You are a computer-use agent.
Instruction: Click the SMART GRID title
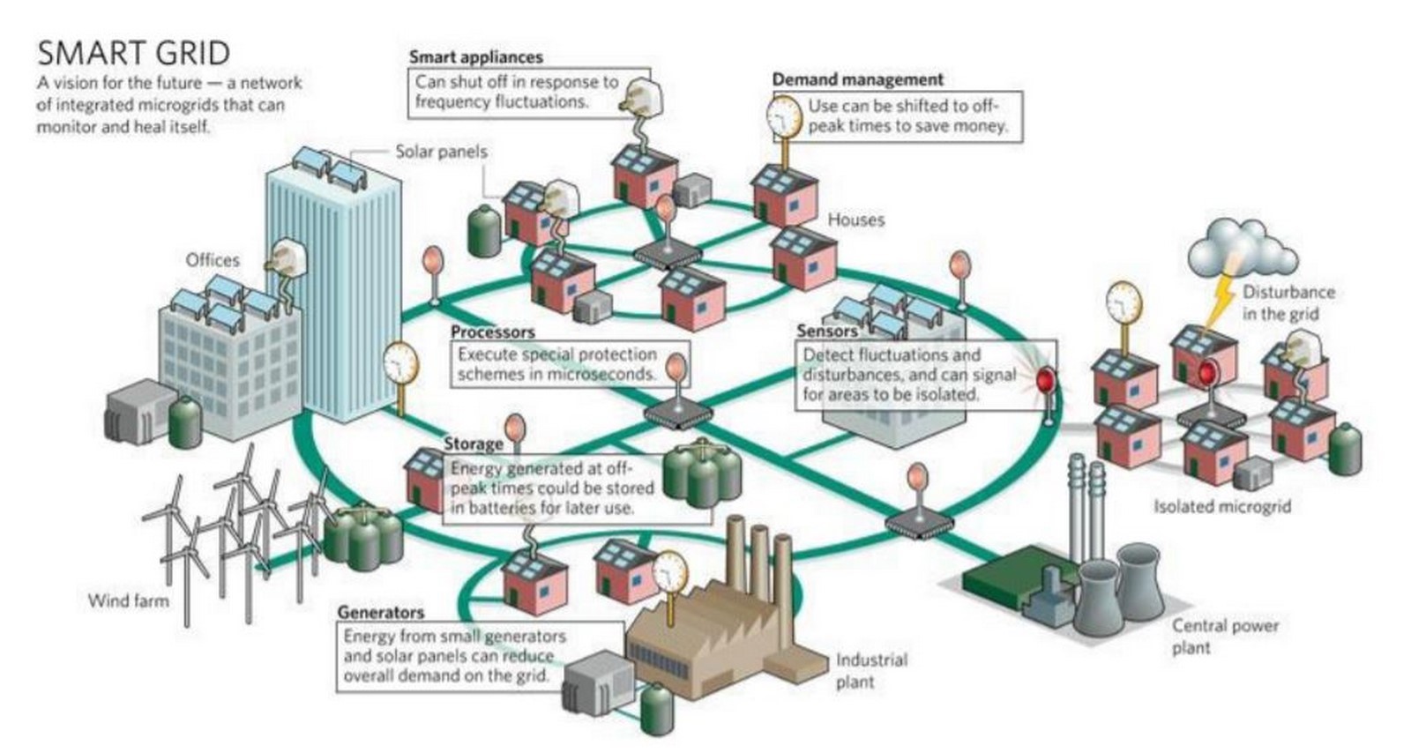pos(133,53)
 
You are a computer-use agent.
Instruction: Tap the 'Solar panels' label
pos(442,152)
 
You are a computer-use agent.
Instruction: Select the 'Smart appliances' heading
pos(476,56)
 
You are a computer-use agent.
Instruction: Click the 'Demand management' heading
pos(858,79)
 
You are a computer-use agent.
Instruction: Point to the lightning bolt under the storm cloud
pos(1221,302)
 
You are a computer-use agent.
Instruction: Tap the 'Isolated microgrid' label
pos(1222,506)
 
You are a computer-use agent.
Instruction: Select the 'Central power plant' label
pos(1225,636)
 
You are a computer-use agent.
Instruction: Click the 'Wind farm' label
pos(129,600)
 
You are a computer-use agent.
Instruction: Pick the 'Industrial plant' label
pos(872,670)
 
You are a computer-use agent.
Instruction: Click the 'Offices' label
pos(213,260)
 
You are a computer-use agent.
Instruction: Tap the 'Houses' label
pos(856,220)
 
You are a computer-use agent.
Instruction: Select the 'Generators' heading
pos(381,612)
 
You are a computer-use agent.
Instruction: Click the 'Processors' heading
pos(493,332)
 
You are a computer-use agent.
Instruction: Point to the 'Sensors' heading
pos(827,331)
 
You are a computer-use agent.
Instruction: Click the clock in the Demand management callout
pos(784,116)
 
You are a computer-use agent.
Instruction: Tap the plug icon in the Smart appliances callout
pos(641,98)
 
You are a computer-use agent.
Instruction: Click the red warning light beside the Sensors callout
pos(1046,379)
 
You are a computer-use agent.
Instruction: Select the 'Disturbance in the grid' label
pos(1288,302)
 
